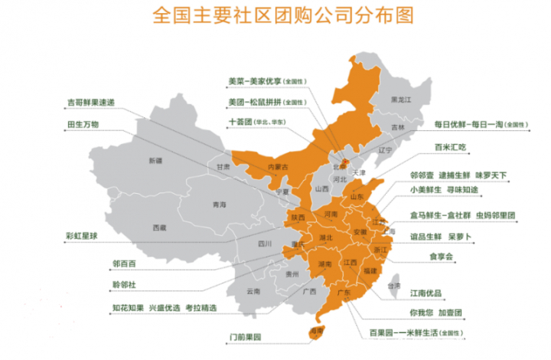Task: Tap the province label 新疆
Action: coord(156,161)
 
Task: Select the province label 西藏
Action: coord(159,227)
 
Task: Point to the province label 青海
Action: coord(220,205)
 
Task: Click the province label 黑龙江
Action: coord(401,100)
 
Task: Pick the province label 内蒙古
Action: coord(277,167)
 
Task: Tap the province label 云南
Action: coord(253,292)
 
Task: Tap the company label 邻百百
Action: coord(125,263)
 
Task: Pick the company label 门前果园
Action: coord(246,337)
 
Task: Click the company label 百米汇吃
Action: coord(451,147)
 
